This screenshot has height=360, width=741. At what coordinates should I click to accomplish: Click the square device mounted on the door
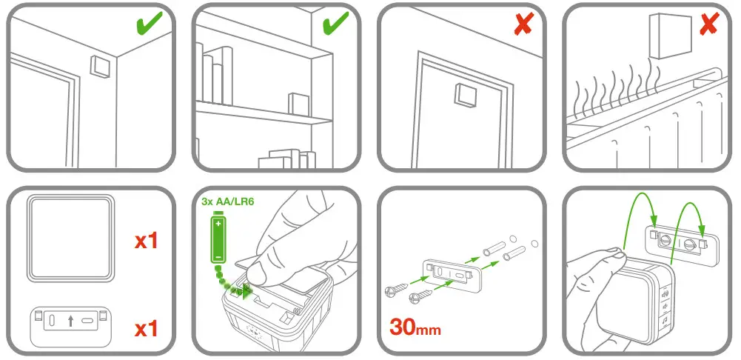(466, 96)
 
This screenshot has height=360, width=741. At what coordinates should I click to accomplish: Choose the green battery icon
(219, 237)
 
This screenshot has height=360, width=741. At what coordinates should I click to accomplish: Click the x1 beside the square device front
(146, 241)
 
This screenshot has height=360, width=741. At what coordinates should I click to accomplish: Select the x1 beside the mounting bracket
(146, 325)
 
